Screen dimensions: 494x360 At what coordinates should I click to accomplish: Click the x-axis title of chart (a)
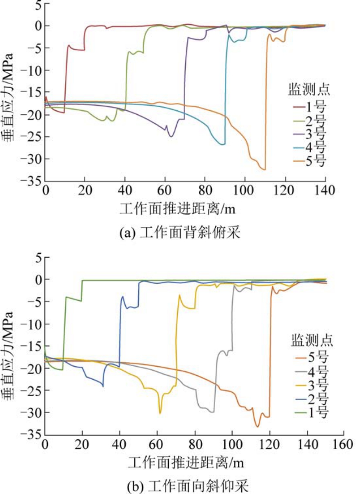point(180,209)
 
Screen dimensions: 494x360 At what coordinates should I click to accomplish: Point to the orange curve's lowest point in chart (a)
point(264,169)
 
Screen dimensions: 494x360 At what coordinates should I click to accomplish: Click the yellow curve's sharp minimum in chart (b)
point(160,413)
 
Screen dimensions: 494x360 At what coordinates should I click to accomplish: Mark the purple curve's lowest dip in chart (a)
point(171,136)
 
